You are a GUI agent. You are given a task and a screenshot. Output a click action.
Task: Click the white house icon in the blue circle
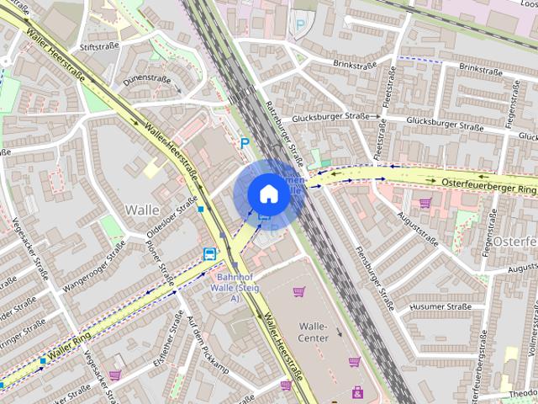coord(267,194)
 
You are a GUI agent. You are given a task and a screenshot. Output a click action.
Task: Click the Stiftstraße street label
coord(97,47)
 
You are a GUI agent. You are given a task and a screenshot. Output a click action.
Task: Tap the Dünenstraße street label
coord(147,79)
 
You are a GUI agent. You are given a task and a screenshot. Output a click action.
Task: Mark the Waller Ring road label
coord(69,347)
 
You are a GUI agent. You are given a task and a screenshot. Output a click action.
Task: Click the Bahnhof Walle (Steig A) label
coord(228,287)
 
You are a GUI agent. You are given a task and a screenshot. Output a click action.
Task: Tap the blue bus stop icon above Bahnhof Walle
coord(209,253)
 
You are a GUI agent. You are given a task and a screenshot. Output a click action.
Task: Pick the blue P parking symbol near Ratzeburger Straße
coord(245,143)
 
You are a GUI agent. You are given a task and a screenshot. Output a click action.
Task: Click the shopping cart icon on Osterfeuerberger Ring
coord(425,203)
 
